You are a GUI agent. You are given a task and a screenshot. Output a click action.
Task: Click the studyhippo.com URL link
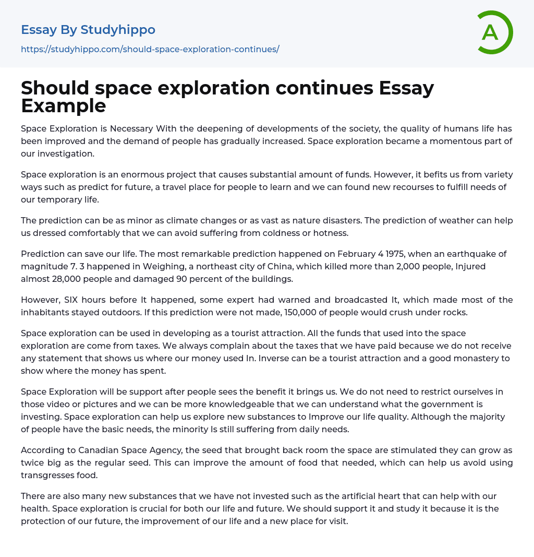click(150, 49)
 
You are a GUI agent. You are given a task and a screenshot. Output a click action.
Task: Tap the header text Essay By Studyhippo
click(88, 30)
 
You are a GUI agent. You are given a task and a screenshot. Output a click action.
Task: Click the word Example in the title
click(64, 106)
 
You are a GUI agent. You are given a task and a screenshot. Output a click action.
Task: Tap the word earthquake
click(457, 254)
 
